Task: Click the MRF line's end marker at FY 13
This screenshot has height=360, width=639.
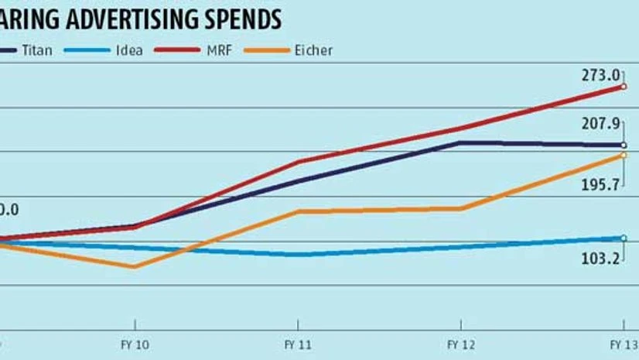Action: (x=624, y=87)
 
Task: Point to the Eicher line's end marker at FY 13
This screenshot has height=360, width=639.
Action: (x=624, y=155)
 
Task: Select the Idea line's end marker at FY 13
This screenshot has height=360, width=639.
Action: (x=624, y=238)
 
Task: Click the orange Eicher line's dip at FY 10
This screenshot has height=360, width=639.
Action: (x=135, y=267)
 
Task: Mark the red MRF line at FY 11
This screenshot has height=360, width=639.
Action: (x=299, y=162)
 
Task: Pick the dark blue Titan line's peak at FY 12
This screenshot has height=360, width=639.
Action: (x=461, y=142)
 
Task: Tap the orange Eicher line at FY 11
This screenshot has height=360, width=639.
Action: (x=299, y=211)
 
